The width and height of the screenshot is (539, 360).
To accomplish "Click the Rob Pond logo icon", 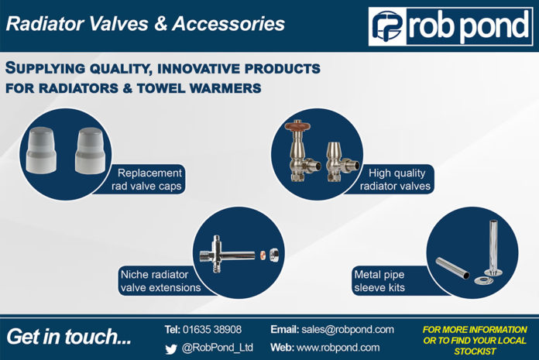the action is point(388,27).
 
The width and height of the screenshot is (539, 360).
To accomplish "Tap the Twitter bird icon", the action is point(171,349).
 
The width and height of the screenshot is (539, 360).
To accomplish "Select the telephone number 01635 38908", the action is point(212,330).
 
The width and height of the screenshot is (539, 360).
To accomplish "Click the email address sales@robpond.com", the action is point(348,330).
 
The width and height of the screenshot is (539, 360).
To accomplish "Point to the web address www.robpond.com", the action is point(338,348).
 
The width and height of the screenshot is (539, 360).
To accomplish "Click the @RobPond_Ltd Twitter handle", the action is point(218,348).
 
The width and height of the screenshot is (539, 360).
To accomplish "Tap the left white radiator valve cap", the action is point(41,150).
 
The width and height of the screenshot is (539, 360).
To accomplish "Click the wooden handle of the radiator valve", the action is point(297,126).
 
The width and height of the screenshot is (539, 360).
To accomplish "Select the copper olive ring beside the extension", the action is point(263,255).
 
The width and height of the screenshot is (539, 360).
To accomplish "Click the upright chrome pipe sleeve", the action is point(493,247).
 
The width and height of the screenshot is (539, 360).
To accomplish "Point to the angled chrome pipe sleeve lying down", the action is point(453,268).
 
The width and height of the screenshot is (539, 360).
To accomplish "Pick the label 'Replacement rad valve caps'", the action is point(147,180).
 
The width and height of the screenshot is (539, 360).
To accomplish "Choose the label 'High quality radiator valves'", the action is point(395,180).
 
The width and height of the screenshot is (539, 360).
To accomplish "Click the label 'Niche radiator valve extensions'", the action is point(160,281).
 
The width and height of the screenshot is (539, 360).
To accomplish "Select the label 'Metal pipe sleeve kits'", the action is point(379,281).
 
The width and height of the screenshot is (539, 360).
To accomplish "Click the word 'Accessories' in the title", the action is point(228,24).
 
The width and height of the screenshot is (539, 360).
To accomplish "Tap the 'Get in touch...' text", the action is point(69,337).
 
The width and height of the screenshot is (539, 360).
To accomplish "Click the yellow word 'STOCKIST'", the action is point(475,351).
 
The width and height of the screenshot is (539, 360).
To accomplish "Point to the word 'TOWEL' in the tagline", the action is point(160,88).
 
